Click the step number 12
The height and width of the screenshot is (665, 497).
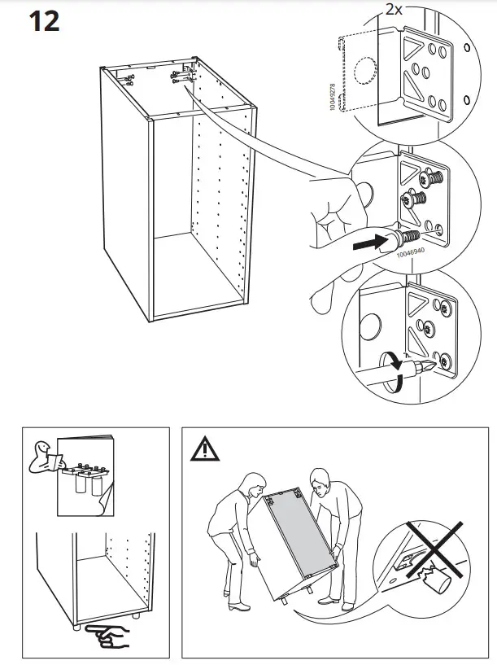pos(45,21)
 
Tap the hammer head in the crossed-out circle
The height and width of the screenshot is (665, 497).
pos(432,583)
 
